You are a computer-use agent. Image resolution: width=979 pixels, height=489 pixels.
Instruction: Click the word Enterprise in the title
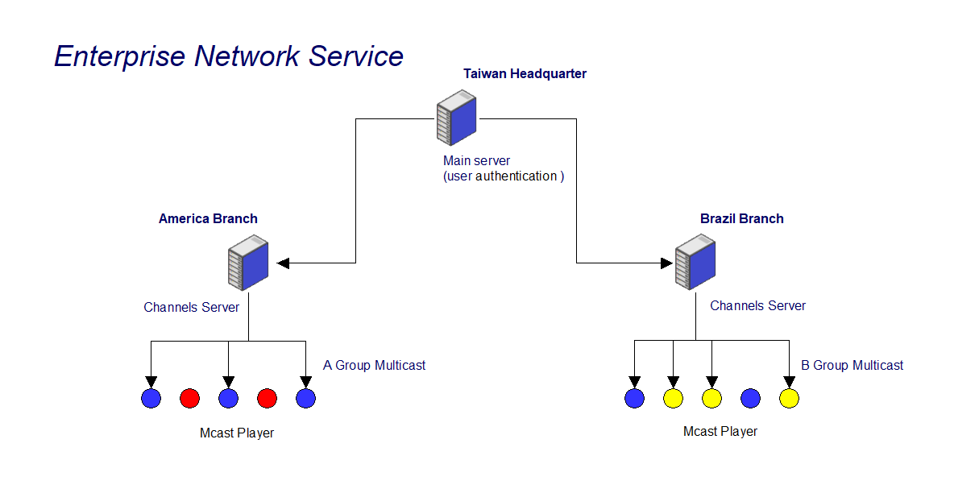(120, 57)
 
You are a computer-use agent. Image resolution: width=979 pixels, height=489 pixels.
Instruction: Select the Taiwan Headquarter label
(525, 74)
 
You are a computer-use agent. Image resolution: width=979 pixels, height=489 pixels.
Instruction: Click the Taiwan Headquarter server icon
(456, 118)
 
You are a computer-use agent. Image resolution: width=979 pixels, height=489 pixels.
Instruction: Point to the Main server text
(476, 161)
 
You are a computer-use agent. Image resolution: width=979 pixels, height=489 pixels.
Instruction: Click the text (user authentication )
(504, 176)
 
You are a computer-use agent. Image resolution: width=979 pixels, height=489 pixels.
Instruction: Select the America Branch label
(208, 218)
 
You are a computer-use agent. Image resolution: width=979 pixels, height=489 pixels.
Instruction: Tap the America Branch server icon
(248, 263)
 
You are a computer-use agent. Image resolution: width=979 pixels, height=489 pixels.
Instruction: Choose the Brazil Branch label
(741, 218)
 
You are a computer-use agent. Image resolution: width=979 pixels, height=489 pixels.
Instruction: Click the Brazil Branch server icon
(695, 262)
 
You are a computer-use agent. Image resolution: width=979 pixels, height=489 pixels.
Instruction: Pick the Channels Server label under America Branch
(192, 307)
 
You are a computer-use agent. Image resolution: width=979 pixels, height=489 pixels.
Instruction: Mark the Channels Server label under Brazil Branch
(758, 305)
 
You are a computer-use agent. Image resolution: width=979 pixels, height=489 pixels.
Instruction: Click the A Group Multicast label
(374, 365)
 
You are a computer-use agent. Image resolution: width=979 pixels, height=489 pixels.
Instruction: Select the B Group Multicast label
(852, 365)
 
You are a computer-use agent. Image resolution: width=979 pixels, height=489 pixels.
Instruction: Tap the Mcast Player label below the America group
(237, 433)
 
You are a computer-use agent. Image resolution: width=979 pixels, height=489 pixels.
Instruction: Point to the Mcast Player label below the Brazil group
(720, 431)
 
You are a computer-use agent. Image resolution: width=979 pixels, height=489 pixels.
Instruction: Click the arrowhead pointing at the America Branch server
(283, 263)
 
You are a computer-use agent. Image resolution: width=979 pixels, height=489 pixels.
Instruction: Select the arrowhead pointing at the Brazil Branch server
(666, 263)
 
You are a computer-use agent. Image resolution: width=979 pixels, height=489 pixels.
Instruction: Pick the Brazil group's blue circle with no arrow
(750, 398)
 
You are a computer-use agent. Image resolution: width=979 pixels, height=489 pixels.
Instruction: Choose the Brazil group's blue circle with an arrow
(635, 398)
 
